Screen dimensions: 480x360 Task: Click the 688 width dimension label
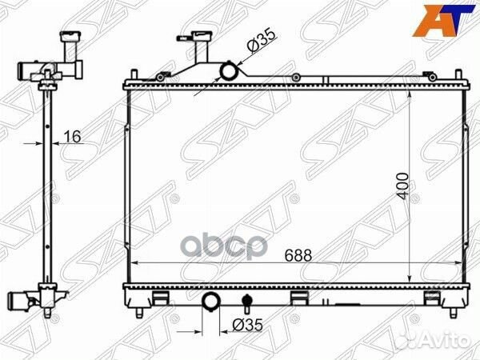coord(298,255)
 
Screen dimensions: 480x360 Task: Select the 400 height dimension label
coord(402,186)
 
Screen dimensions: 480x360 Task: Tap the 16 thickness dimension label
coord(73,137)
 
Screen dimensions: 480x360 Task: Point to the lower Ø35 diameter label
coord(248,325)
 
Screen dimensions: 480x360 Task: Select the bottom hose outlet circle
coord(210,302)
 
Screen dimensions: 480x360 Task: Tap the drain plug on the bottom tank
coord(246,303)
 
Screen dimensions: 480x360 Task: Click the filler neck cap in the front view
coord(193,37)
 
